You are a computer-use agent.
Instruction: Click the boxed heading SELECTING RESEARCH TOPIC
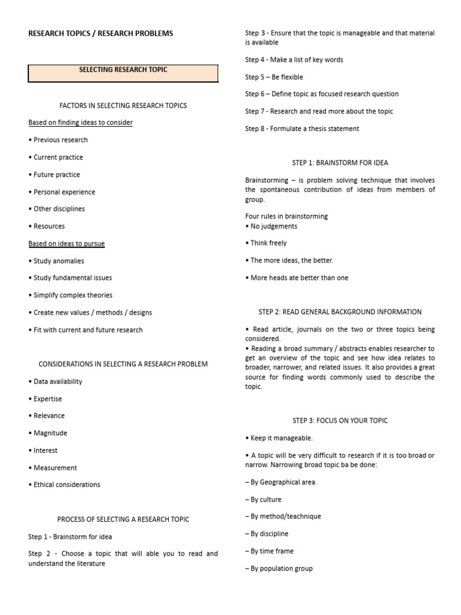[x=123, y=70]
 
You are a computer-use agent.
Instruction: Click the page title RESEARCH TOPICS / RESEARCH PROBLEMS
[x=101, y=34]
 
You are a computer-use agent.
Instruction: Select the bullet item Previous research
[x=58, y=140]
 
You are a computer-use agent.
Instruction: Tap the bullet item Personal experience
[x=62, y=192]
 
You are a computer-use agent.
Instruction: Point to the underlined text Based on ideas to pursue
[x=67, y=244]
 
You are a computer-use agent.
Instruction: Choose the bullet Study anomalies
[x=56, y=261]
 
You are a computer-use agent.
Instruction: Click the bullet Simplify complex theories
[x=70, y=295]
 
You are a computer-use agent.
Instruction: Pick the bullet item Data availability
[x=55, y=381]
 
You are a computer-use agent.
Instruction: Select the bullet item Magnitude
[x=48, y=433]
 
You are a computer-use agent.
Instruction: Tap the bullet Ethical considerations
[x=64, y=485]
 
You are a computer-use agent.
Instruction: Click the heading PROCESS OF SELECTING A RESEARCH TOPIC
[x=123, y=520]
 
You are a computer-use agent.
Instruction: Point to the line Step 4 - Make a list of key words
[x=294, y=60]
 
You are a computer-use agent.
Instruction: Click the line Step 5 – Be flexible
[x=274, y=77]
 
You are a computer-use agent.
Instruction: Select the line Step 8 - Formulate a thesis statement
[x=302, y=129]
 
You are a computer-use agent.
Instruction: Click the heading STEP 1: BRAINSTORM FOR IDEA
[x=340, y=163]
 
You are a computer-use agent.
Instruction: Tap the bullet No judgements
[x=271, y=226]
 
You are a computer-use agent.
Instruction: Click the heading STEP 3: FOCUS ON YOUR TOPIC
[x=340, y=420]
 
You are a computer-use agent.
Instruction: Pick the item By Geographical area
[x=280, y=482]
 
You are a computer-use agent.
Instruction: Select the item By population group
[x=279, y=569]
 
